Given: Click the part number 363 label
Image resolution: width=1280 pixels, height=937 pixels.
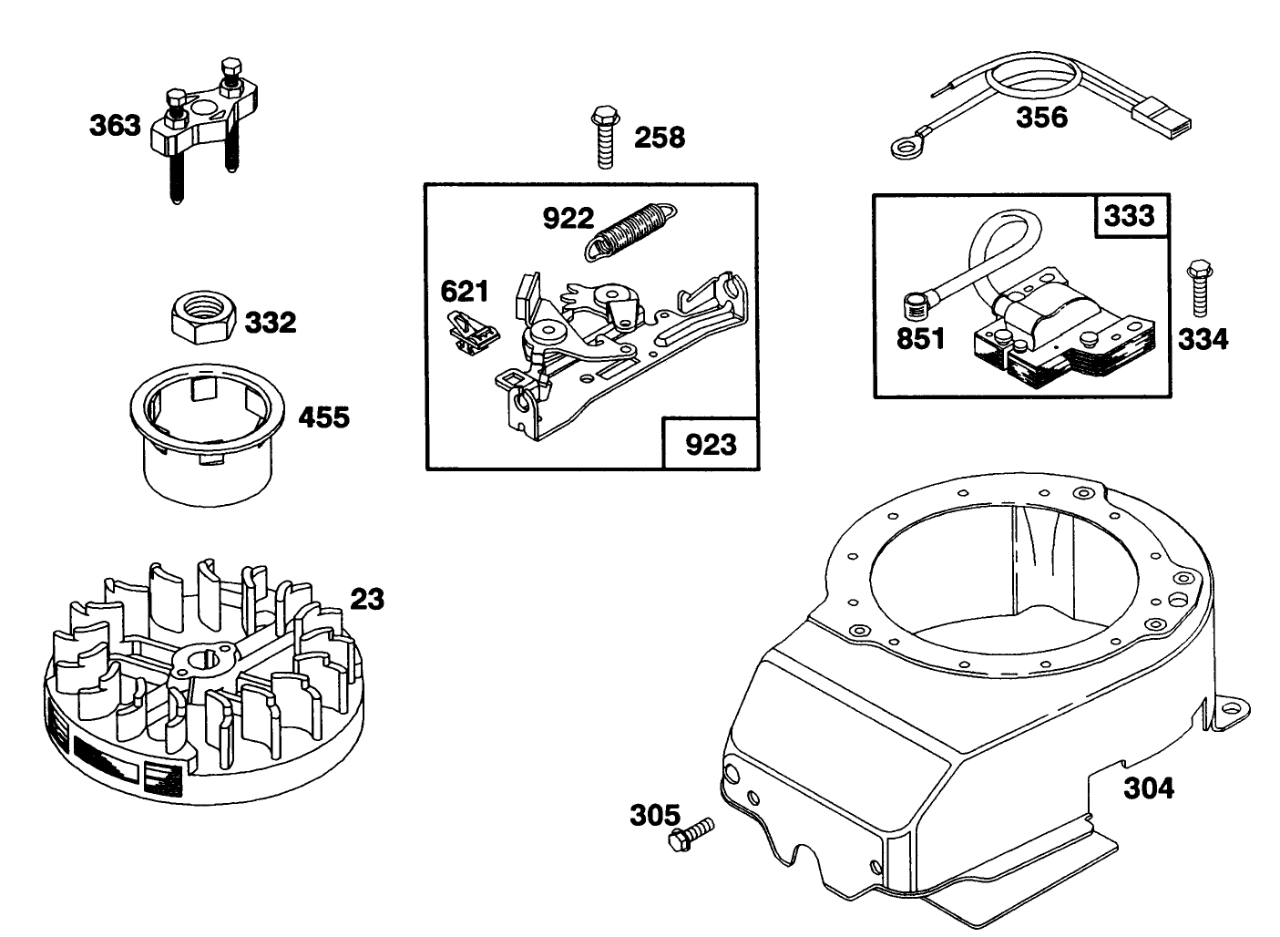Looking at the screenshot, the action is [x=115, y=125].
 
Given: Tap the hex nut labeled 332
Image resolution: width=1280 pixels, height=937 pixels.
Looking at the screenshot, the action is [x=204, y=321].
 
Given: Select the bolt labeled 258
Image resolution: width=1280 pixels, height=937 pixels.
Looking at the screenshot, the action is [x=606, y=137].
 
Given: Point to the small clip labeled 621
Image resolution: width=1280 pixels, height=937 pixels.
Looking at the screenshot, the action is [x=471, y=334].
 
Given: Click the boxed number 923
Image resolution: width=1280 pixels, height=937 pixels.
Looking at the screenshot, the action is [x=711, y=445].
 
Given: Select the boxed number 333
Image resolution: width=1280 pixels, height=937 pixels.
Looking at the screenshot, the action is [x=1129, y=216].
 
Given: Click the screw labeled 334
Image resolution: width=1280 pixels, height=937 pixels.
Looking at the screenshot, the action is [x=1200, y=288].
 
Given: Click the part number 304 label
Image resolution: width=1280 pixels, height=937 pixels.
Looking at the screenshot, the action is [x=1149, y=788].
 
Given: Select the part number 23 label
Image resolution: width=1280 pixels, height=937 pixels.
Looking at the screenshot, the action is [x=367, y=600].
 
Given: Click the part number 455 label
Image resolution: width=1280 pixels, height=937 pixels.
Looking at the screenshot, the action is [x=324, y=417].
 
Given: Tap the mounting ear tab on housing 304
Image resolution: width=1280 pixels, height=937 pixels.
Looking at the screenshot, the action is [x=1231, y=713].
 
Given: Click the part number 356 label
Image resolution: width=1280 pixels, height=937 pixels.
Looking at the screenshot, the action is [x=1041, y=118].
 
